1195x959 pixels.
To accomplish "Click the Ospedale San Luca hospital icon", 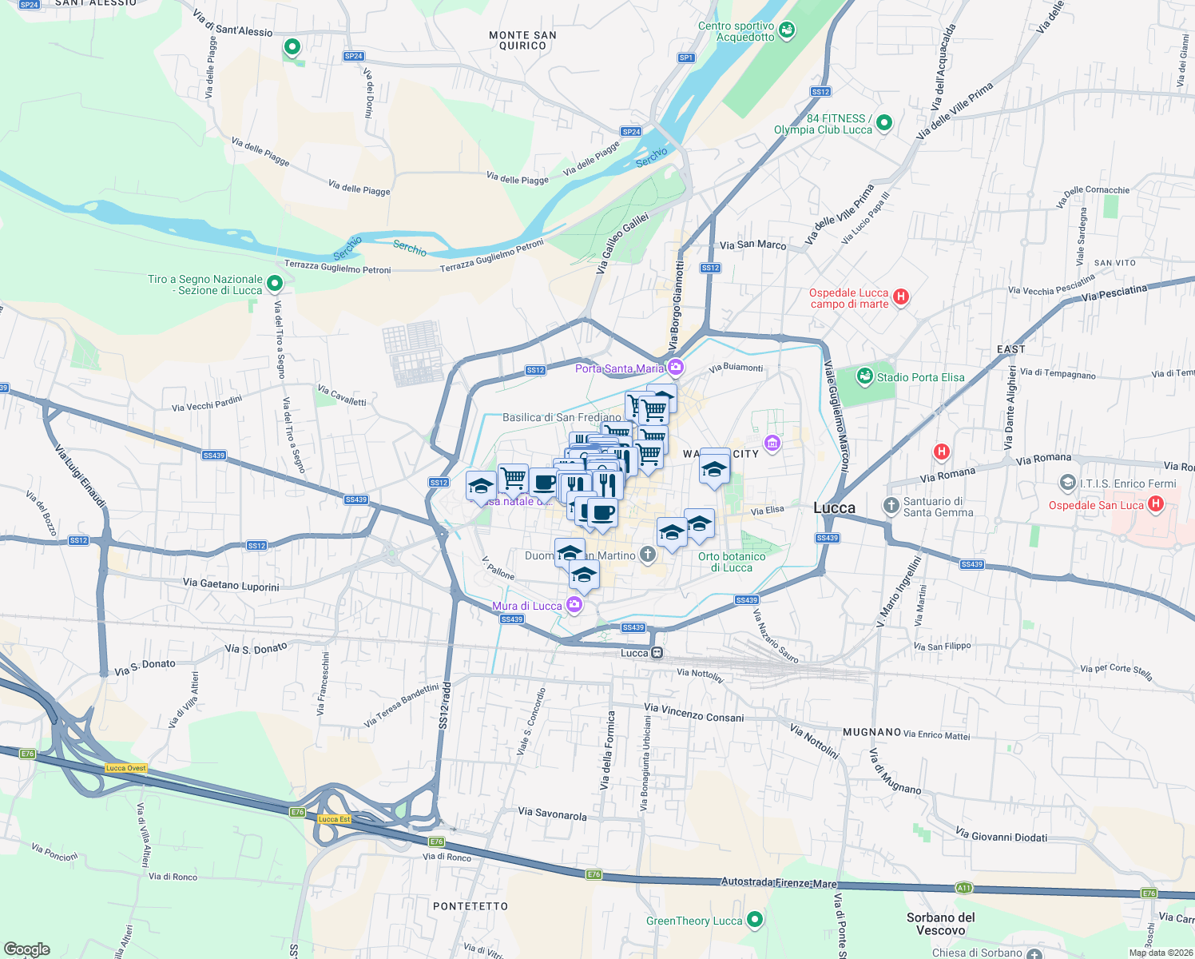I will coord(1155,504).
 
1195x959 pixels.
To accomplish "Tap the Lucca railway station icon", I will coord(657,653).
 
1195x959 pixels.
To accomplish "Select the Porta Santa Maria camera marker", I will coord(676,368).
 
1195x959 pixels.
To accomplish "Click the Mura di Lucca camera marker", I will coord(574,605).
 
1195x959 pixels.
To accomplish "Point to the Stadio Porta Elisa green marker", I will coord(864,376).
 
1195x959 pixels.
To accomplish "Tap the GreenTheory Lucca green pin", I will coord(754,920).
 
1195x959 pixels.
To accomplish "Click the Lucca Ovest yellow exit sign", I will coord(125,768).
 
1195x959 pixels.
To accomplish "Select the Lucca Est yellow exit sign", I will coord(334,819).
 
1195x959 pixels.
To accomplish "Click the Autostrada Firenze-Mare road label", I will coord(779,882).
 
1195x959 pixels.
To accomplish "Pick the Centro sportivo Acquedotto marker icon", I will coord(787,31).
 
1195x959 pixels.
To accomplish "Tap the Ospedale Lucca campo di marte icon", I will coord(901,297).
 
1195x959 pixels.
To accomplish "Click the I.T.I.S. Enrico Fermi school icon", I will coord(1067,483).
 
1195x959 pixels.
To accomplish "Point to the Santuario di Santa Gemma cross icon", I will coord(891,506).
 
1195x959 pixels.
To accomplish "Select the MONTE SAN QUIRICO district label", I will coord(522,40).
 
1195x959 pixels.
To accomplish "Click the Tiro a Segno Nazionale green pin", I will coord(275,284).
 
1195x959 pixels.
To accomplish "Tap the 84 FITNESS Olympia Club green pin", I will coord(883,123).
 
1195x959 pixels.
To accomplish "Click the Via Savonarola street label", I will coord(552,814).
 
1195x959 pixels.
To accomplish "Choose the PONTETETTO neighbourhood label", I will coord(470,906).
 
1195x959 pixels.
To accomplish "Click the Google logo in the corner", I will coord(26,949).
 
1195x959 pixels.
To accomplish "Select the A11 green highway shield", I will coord(964,888).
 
